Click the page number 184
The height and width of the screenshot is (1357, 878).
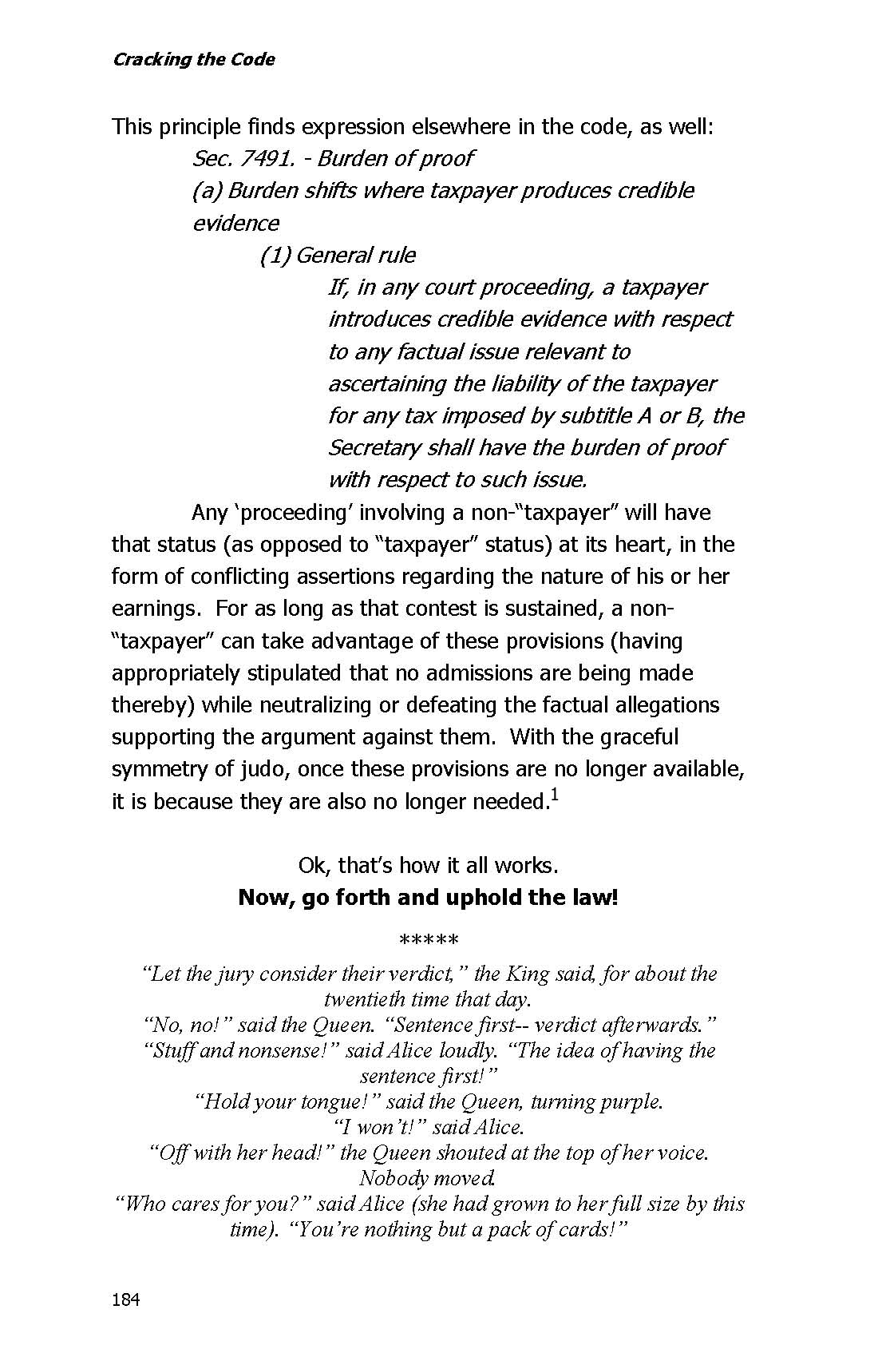pos(126,1299)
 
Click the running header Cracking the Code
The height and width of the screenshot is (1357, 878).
pos(194,60)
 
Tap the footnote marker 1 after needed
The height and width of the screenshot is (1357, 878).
pos(554,795)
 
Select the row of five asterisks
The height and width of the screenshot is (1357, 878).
pos(429,939)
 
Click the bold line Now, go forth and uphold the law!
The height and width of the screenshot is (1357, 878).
pos(429,898)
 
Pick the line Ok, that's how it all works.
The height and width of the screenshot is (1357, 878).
pos(429,866)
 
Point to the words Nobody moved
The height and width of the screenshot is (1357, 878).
pos(429,1178)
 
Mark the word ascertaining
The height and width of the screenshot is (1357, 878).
pos(388,384)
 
